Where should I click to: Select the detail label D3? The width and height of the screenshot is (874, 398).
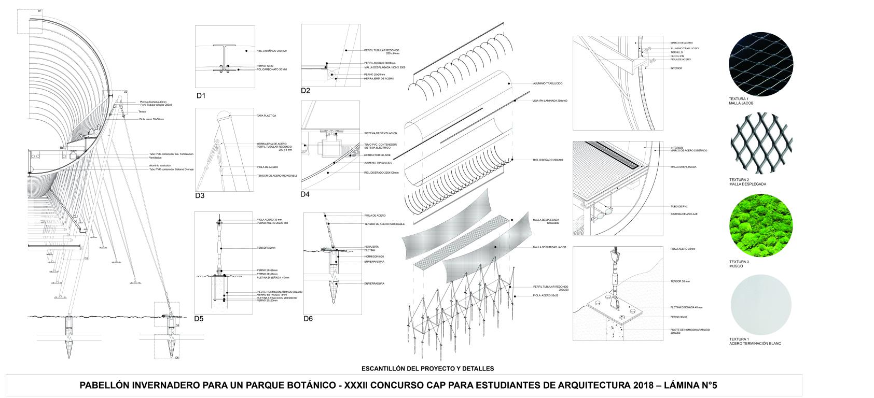point(200,195)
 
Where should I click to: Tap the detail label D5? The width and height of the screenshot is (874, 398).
point(199,318)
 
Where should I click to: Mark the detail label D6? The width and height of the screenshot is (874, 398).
point(308,319)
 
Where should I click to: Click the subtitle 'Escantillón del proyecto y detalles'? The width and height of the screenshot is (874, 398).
point(428,368)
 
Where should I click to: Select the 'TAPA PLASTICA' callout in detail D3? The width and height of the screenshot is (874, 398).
point(266,116)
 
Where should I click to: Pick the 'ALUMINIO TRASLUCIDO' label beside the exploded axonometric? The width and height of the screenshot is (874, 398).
point(548,83)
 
